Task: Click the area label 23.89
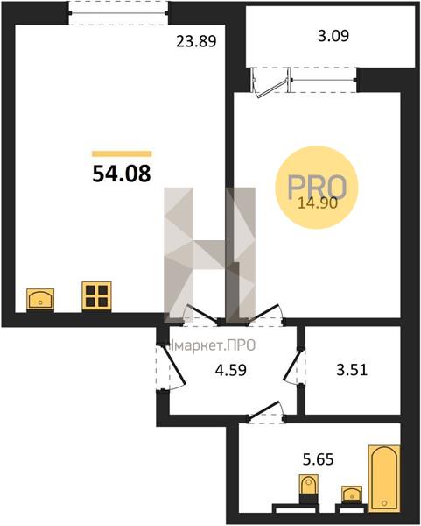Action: tap(197, 41)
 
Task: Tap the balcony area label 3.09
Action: tap(333, 36)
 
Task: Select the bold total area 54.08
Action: tap(122, 174)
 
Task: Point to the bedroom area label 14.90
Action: tap(318, 203)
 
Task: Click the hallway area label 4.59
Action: tap(231, 370)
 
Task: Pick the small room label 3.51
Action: tap(352, 370)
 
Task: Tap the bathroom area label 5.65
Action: tap(319, 458)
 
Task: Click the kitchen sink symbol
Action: tap(40, 299)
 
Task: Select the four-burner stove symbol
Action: tap(96, 296)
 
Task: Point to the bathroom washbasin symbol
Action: tap(351, 494)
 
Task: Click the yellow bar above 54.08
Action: tap(122, 154)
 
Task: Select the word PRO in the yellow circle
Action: tap(317, 187)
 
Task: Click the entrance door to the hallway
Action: tap(173, 366)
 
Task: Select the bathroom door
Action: tap(265, 409)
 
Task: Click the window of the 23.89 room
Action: tap(118, 13)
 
